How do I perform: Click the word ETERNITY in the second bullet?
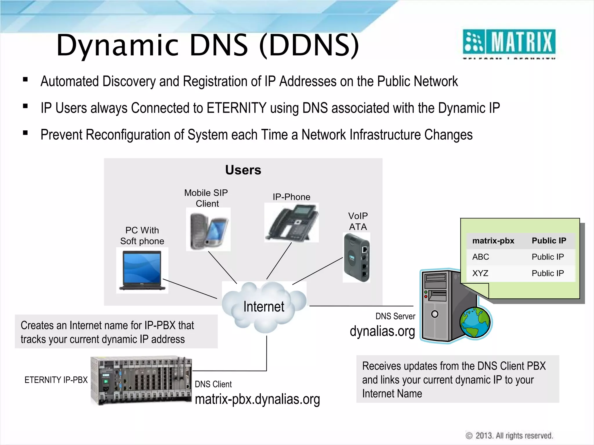click(x=236, y=108)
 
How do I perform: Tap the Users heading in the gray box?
click(x=243, y=170)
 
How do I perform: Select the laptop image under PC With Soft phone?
click(x=142, y=270)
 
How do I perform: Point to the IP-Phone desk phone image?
click(x=291, y=222)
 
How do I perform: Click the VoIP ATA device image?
click(x=356, y=258)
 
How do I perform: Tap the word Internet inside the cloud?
click(x=264, y=307)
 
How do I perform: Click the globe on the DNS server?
click(x=475, y=322)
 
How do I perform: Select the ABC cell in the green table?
click(x=481, y=257)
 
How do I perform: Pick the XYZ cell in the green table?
click(x=480, y=273)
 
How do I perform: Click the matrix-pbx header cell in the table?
click(x=493, y=241)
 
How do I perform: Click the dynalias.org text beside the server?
click(x=382, y=331)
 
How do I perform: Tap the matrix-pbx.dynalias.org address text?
click(x=257, y=399)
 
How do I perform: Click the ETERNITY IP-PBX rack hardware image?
click(x=141, y=381)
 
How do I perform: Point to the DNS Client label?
click(x=213, y=384)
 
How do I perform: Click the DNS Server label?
click(x=395, y=316)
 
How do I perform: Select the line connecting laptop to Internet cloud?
click(x=190, y=289)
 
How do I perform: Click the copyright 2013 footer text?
click(x=510, y=436)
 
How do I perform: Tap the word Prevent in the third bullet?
click(x=61, y=135)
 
